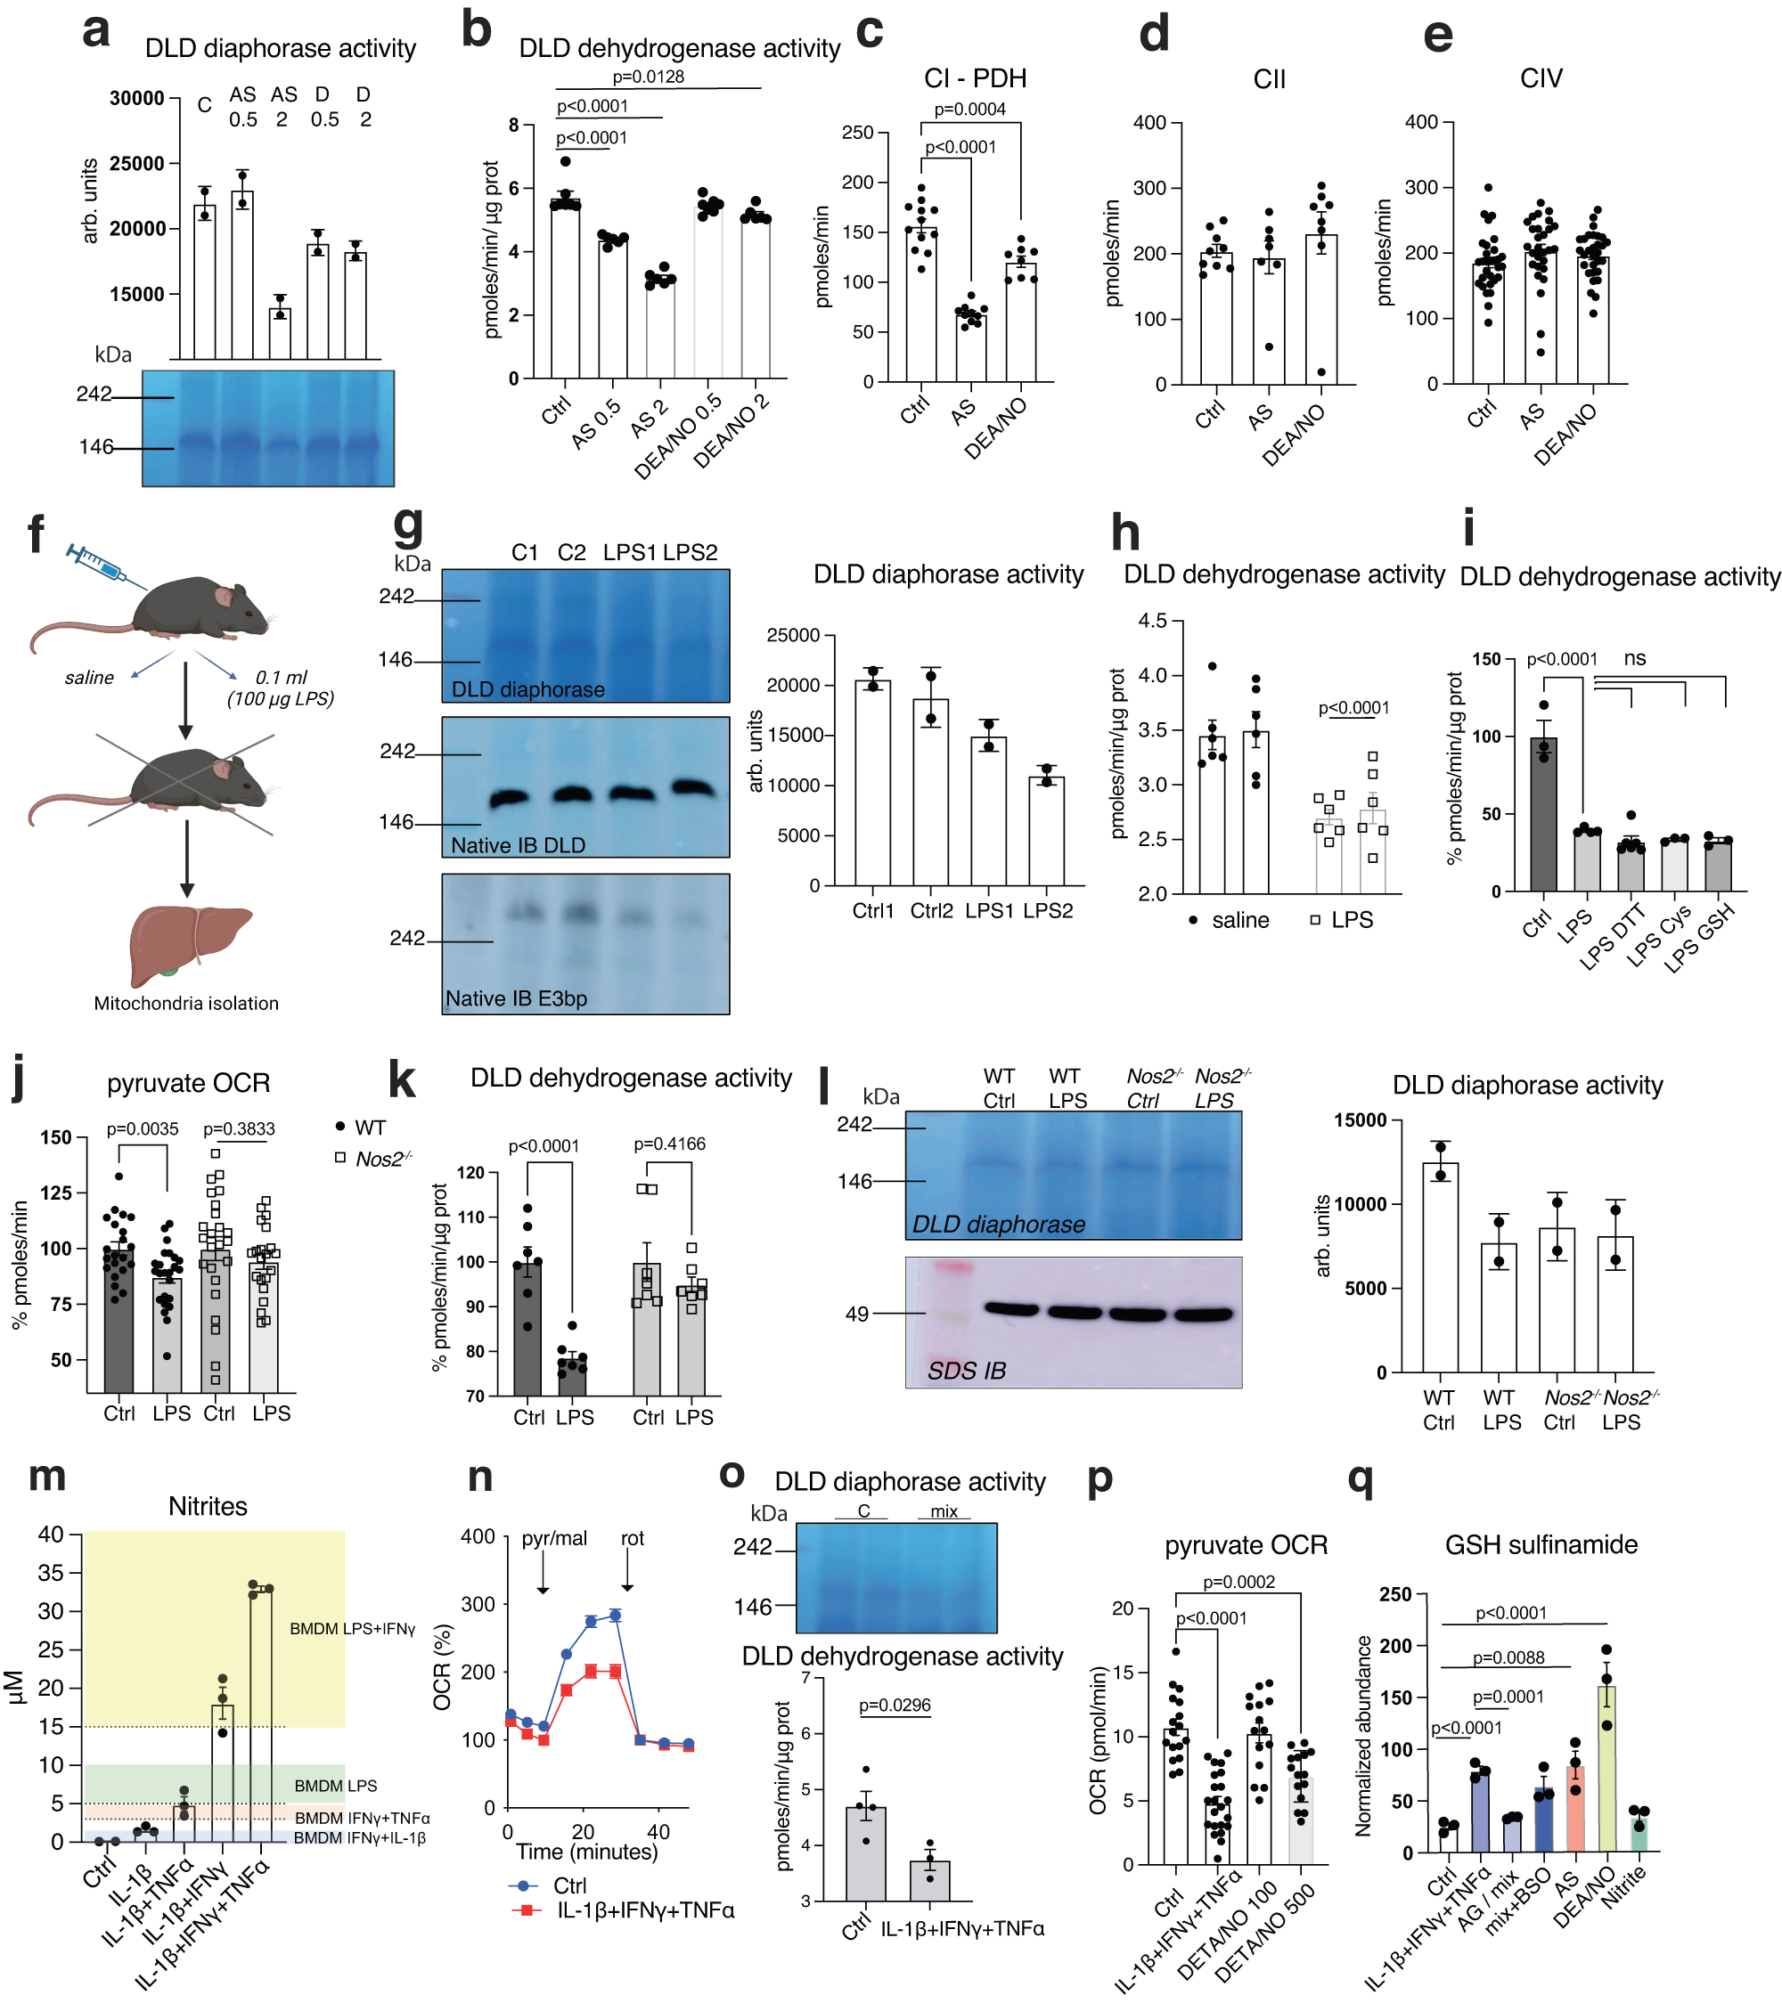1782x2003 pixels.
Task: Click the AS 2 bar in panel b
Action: click(x=659, y=330)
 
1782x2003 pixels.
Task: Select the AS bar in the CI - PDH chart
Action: click(x=970, y=348)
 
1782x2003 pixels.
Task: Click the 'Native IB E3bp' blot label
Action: click(x=516, y=997)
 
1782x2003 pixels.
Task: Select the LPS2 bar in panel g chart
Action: click(x=1046, y=830)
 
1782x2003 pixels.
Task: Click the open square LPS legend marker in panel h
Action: click(x=1315, y=919)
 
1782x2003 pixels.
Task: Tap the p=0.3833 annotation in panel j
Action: click(x=239, y=1129)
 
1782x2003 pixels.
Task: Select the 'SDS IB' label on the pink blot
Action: click(x=966, y=1370)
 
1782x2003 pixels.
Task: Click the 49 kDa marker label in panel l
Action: click(x=856, y=1313)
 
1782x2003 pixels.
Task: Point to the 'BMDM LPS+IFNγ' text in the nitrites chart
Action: click(x=352, y=1628)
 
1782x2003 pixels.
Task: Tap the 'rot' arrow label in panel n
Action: click(x=633, y=1537)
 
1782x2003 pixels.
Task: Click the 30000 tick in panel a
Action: click(x=136, y=98)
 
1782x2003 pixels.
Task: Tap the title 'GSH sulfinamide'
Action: click(x=1540, y=1544)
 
